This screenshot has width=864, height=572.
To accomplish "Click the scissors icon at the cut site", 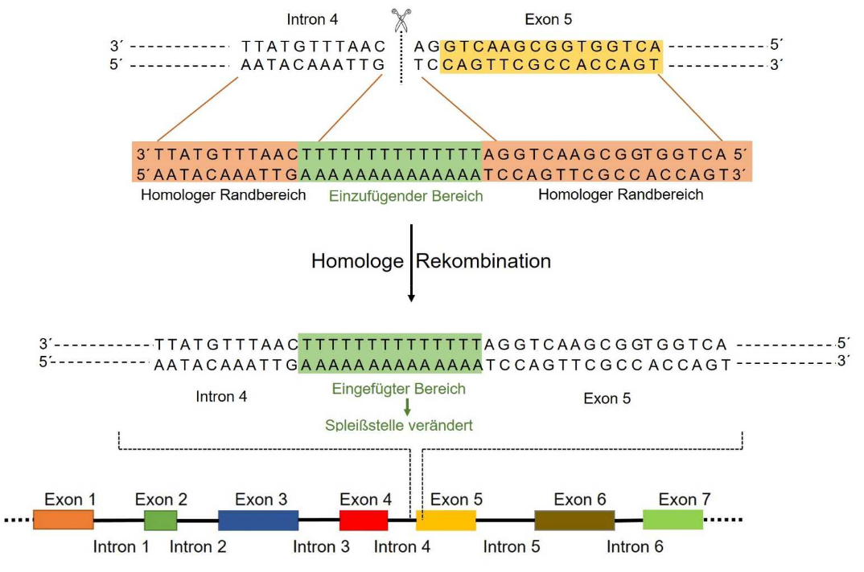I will tap(401, 20).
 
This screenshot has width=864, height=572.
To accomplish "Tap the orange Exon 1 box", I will tap(64, 520).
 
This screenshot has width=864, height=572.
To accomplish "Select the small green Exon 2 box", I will tap(160, 520).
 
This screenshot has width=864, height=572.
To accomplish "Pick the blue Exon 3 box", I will tap(258, 520).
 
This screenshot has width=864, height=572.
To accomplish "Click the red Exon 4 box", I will tap(364, 520).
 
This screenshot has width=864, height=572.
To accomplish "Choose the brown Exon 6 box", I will tap(574, 520).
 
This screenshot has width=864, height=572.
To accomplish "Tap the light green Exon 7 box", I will tap(673, 520).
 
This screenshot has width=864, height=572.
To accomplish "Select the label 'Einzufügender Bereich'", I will tap(405, 196).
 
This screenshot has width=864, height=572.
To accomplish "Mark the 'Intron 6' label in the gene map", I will tap(635, 547).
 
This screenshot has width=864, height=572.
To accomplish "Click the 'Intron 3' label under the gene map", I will tap(321, 547).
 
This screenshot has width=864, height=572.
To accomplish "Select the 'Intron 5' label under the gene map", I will tap(512, 547).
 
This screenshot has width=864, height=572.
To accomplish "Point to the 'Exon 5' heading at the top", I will tap(549, 18).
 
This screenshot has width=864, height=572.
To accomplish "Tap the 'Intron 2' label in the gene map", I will tap(198, 547).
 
